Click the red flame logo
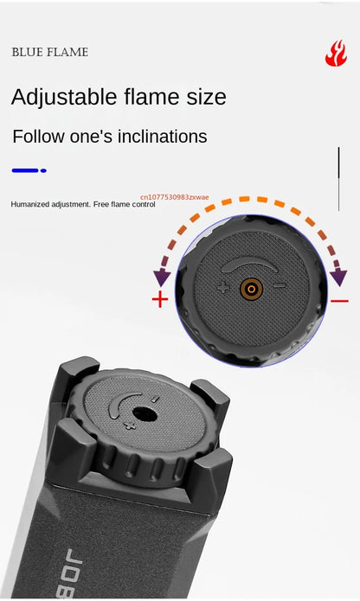click(336, 54)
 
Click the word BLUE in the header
click(25, 52)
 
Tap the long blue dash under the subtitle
click(25, 170)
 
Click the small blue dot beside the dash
click(43, 170)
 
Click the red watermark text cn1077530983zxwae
click(175, 197)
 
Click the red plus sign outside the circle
click(160, 299)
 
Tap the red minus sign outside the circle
click(339, 301)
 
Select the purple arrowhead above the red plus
click(162, 277)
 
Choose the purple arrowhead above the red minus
click(338, 278)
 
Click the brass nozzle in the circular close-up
click(252, 289)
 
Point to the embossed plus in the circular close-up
click(223, 287)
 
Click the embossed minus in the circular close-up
click(280, 285)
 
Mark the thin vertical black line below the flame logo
click(338, 179)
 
